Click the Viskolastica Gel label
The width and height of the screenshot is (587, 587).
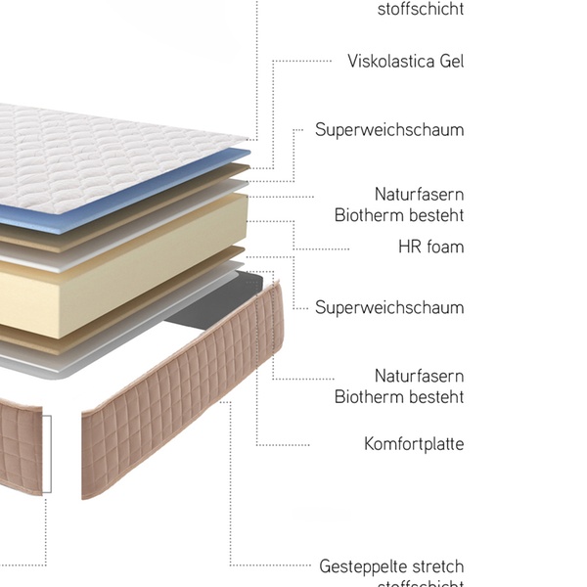coord(405,61)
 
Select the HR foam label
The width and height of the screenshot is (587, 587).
coord(430,247)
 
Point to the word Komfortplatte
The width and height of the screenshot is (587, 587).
coord(414,444)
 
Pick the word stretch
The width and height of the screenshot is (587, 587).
coord(435,566)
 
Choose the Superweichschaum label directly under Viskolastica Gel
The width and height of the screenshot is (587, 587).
coord(389,130)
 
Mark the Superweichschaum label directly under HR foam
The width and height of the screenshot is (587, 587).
coord(389,307)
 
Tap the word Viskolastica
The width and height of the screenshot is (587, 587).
coord(389,61)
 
